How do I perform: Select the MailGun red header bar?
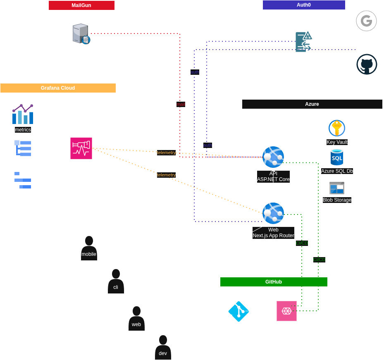tap(81, 5)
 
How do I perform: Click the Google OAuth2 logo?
tap(366, 21)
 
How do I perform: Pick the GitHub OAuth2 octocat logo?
tap(367, 64)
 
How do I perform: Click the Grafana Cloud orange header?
tap(58, 88)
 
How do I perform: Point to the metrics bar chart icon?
tap(23, 114)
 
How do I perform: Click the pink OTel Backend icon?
tap(81, 148)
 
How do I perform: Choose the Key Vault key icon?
tap(337, 128)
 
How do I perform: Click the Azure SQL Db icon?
tap(337, 157)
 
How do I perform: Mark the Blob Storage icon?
tap(337, 188)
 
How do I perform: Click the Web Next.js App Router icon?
tap(273, 213)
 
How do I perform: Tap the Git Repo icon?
tap(239, 311)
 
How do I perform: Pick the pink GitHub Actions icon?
tap(286, 311)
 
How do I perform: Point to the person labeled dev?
tap(163, 348)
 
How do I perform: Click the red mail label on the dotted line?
tap(181, 104)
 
